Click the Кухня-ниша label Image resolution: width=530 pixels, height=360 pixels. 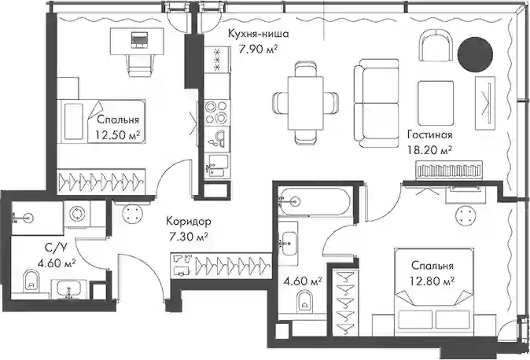259,34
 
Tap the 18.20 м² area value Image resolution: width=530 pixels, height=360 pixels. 430,150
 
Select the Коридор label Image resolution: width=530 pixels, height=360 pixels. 189,222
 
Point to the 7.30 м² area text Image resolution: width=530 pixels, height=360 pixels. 189,237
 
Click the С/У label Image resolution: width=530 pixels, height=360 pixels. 56,248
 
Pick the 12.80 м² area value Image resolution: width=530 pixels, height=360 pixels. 432,281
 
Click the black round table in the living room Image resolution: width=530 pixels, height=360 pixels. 475,54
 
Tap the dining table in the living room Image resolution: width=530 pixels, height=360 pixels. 306,103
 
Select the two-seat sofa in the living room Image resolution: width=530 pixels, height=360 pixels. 376,104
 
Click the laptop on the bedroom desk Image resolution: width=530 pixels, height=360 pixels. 139,39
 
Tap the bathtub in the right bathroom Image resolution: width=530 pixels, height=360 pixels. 315,202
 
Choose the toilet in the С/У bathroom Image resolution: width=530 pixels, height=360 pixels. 31,281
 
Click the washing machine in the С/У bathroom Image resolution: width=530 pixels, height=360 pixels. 78,214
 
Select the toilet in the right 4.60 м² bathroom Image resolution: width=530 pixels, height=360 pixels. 304,302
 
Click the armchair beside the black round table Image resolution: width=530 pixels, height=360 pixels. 436,46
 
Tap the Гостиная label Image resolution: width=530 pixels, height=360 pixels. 429,134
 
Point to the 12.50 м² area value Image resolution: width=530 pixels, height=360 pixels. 118,135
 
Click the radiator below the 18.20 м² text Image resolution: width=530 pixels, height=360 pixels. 448,169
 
